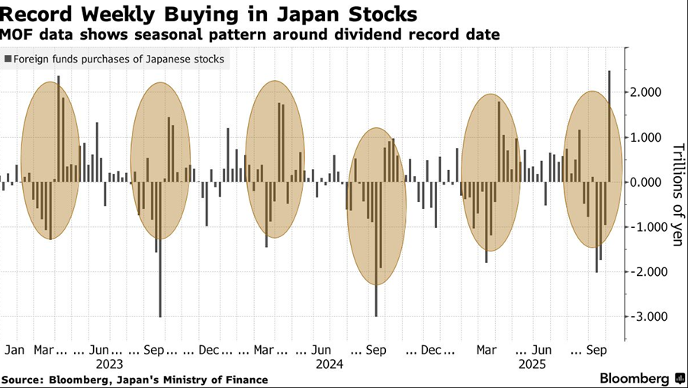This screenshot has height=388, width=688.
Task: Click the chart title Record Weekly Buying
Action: tap(209, 14)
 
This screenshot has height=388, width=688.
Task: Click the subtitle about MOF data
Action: tap(250, 34)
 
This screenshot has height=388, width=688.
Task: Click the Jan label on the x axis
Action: tap(14, 350)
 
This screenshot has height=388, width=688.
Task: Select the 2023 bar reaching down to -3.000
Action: tap(160, 252)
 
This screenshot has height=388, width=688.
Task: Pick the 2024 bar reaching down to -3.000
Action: tap(376, 252)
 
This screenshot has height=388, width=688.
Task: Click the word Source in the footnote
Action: tap(22, 379)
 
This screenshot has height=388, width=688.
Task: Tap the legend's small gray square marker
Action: tap(8, 59)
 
